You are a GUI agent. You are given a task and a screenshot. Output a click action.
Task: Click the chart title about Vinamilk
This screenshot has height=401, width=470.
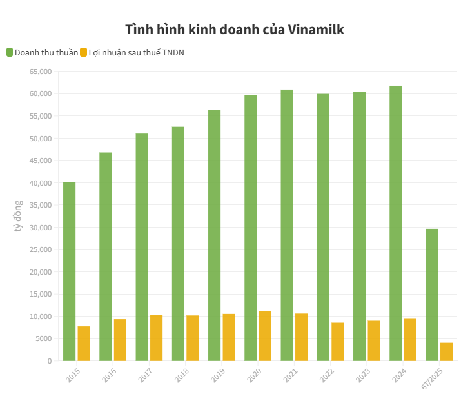pyautogui.click(x=235, y=30)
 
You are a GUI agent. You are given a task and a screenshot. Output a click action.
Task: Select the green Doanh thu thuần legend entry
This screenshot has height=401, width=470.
pyautogui.click(x=43, y=52)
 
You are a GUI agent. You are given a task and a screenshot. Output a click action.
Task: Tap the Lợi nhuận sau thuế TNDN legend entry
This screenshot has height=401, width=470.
pyautogui.click(x=132, y=52)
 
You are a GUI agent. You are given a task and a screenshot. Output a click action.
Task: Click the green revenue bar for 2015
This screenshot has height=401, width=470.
pyautogui.click(x=69, y=271)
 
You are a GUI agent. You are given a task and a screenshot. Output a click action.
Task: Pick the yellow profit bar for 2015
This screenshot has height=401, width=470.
pyautogui.click(x=84, y=344)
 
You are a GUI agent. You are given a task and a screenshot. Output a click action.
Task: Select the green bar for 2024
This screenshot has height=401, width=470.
pyautogui.click(x=395, y=223)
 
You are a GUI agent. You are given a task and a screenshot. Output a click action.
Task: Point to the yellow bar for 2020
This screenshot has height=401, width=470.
pyautogui.click(x=265, y=336)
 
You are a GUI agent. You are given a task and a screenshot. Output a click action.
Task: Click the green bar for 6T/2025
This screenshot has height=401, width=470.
pyautogui.click(x=431, y=295)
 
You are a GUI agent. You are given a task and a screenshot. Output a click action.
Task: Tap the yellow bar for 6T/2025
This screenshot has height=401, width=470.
pyautogui.click(x=446, y=352)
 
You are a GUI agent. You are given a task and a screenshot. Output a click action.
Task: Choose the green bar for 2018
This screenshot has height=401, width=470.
pyautogui.click(x=178, y=244)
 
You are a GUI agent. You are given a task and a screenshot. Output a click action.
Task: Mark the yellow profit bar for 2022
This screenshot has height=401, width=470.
pyautogui.click(x=338, y=342)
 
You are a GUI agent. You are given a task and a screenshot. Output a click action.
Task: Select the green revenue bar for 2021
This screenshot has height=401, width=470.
pyautogui.click(x=287, y=225)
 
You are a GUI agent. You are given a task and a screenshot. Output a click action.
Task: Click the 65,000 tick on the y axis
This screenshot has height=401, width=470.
pyautogui.click(x=40, y=72)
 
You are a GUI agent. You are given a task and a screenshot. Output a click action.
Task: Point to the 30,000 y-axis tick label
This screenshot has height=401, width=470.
pyautogui.click(x=40, y=228)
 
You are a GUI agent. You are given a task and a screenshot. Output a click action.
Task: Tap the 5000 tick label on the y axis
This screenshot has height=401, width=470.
pyautogui.click(x=42, y=339)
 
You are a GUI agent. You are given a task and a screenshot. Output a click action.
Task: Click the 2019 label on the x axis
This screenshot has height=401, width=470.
pyautogui.click(x=218, y=375)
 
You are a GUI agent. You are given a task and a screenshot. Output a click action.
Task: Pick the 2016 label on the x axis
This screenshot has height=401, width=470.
pyautogui.click(x=109, y=375)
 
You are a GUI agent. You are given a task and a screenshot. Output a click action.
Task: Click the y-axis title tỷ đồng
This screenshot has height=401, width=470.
pyautogui.click(x=19, y=216)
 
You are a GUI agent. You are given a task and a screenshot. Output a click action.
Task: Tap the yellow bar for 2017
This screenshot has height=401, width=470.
pyautogui.click(x=156, y=338)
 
